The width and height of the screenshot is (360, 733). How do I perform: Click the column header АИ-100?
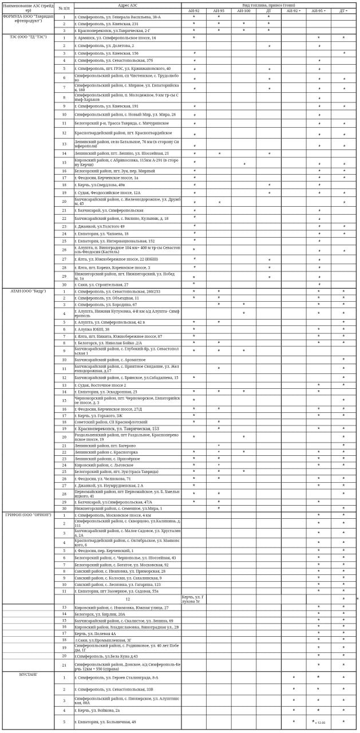click(244, 10)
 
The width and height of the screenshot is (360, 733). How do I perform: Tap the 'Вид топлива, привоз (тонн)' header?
click(269, 5)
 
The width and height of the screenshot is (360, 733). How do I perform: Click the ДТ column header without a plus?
click(268, 10)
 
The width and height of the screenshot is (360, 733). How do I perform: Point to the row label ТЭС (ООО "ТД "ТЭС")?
click(29, 37)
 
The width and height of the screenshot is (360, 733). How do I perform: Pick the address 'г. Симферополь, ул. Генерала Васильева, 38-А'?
click(117, 17)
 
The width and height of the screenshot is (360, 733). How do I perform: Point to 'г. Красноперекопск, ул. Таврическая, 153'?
click(117, 428)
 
